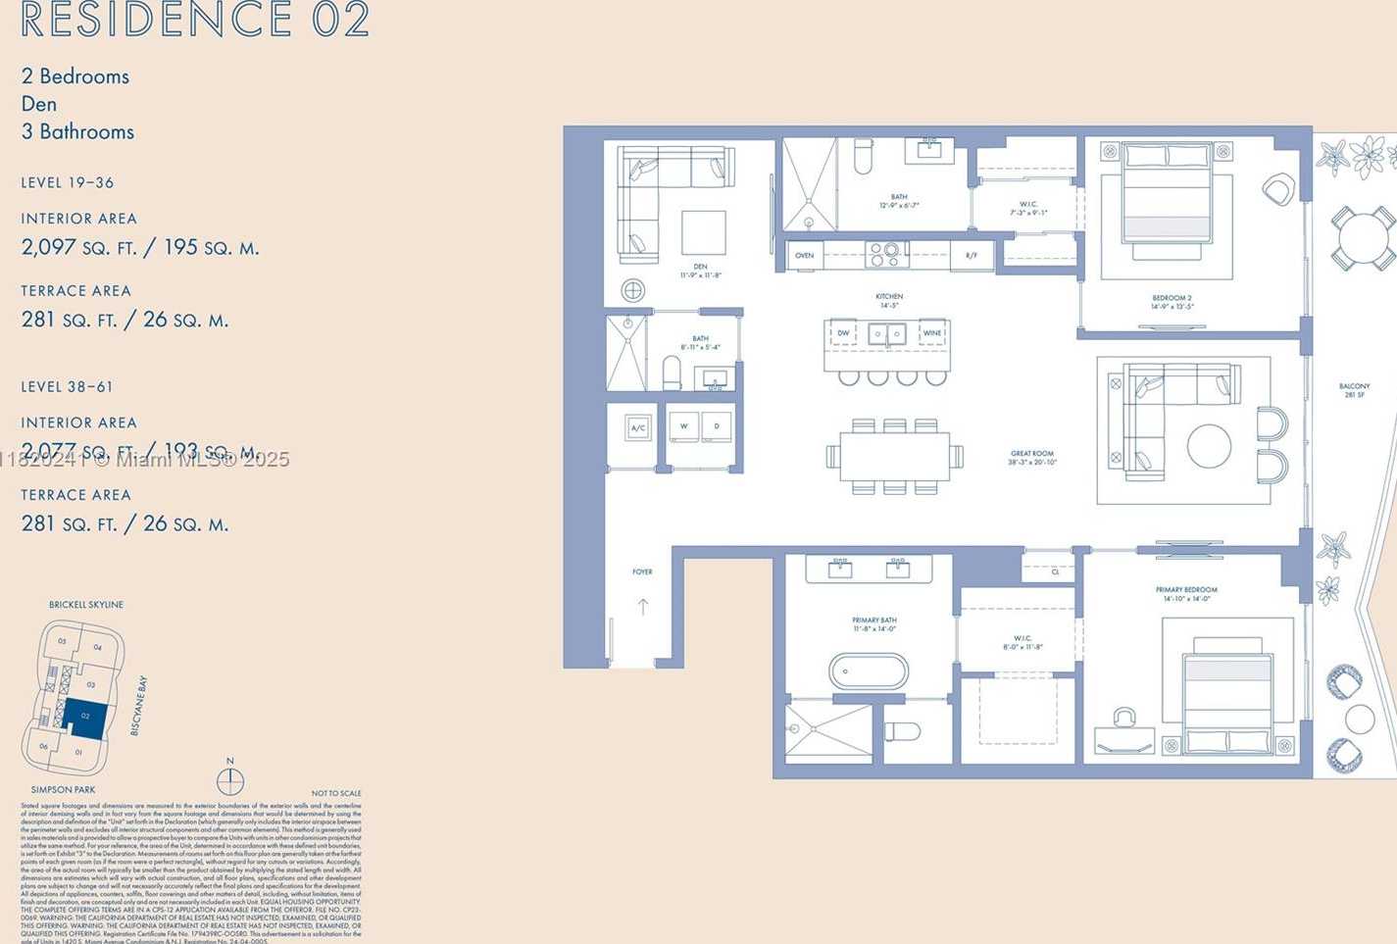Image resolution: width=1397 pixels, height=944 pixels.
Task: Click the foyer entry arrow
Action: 643,606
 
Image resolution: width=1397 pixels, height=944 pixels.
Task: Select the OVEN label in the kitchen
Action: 804,256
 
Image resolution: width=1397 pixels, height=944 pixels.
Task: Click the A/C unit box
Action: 638,428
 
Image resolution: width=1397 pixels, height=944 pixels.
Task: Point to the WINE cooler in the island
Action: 931,333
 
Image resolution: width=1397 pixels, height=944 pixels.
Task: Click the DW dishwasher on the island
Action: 842,333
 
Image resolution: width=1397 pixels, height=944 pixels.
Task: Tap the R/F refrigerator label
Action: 972,256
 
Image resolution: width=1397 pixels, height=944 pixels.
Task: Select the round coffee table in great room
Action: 1209,446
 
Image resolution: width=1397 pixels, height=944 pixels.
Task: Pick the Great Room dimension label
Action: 1032,458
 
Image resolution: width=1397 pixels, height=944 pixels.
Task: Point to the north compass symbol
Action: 230,780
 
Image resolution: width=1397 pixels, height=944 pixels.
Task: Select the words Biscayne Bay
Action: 138,705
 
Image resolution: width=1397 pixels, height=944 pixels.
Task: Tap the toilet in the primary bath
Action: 902,731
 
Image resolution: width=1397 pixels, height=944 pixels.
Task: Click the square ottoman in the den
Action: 703,232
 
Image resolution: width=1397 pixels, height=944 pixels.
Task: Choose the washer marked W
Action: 683,427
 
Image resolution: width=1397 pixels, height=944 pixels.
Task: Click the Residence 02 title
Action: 194,20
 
